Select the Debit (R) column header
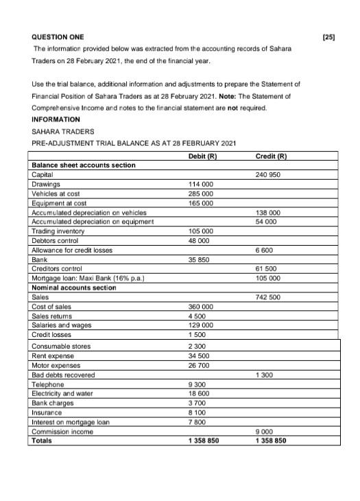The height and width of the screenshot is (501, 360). pyautogui.click(x=202, y=157)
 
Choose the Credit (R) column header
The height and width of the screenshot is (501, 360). pyautogui.click(x=270, y=157)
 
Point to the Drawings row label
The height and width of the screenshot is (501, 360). pyautogui.click(x=46, y=184)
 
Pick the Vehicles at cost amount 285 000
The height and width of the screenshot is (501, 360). pyautogui.click(x=200, y=194)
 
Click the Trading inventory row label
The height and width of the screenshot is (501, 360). pyautogui.click(x=57, y=231)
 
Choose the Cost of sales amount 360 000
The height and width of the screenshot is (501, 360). pyautogui.click(x=200, y=307)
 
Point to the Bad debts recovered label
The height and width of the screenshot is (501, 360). pyautogui.click(x=63, y=375)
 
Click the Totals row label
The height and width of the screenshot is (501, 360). pyautogui.click(x=42, y=441)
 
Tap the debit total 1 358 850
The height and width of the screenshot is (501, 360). pyautogui.click(x=204, y=441)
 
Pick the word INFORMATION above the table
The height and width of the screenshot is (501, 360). pyautogui.click(x=56, y=119)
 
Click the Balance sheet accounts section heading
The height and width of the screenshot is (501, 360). pyautogui.click(x=84, y=165)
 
